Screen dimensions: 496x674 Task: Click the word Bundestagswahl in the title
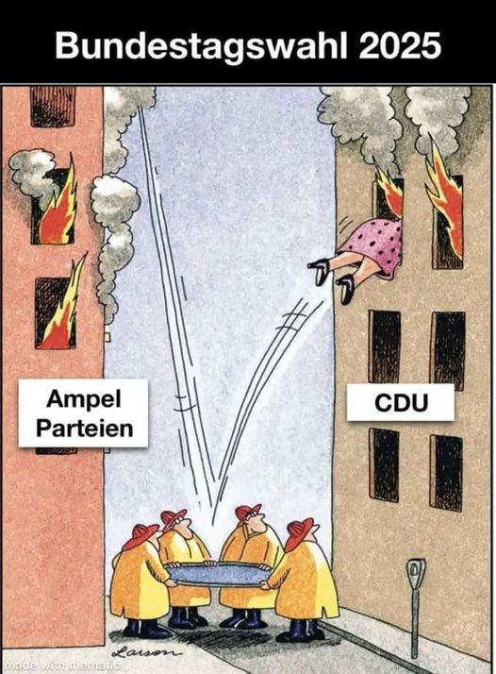(201, 46)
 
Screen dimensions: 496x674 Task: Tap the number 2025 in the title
(400, 44)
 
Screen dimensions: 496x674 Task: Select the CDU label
(401, 403)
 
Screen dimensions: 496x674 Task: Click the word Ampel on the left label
(84, 400)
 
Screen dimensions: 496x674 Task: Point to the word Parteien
(85, 429)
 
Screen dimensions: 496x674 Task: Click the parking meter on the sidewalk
(415, 607)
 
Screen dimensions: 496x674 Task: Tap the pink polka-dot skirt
(375, 244)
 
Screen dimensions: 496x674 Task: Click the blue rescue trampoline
(218, 574)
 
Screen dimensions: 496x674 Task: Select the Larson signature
(145, 651)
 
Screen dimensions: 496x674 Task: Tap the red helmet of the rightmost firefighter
(299, 533)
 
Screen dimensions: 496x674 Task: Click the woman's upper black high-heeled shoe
(319, 269)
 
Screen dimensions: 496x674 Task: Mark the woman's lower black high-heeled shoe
(346, 287)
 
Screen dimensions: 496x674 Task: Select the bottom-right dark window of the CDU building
(446, 472)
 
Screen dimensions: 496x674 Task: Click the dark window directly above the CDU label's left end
(384, 345)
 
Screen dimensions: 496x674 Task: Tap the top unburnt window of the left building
(53, 106)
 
